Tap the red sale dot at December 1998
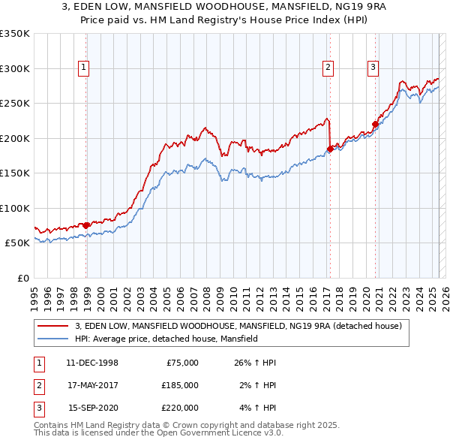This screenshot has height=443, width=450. coord(86,225)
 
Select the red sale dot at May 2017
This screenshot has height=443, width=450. coord(330,149)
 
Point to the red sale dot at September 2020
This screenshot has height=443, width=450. coord(375,125)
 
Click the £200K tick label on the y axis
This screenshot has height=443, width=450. coord(15,138)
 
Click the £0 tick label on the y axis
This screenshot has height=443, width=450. coord(22,278)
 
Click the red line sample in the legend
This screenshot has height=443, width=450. coord(52,326)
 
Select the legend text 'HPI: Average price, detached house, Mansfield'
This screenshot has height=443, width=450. coord(166,339)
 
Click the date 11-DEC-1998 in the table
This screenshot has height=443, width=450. coord(92,363)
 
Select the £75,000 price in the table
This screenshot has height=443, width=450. coord(181,363)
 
